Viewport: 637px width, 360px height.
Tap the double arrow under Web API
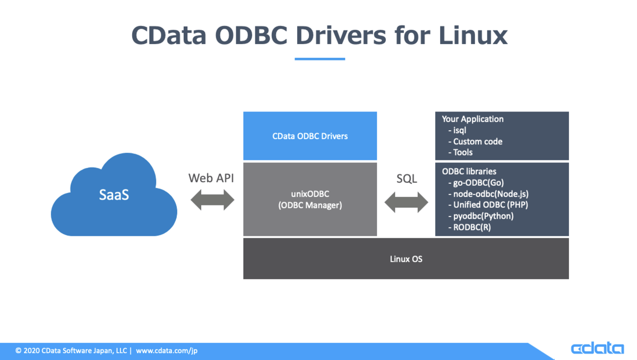(x=212, y=200)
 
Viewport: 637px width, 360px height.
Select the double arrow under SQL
(x=406, y=202)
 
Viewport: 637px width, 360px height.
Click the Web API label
(x=211, y=178)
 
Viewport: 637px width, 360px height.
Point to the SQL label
(x=407, y=178)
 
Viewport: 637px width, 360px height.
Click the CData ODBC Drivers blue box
(x=310, y=136)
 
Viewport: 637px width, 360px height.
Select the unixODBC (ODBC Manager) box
(x=310, y=200)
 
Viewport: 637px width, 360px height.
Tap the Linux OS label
(x=406, y=259)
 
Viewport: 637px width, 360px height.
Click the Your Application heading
(x=472, y=119)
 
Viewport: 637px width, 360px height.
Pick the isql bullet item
(x=459, y=130)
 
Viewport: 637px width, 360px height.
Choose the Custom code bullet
(x=477, y=141)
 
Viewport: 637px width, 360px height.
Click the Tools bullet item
(x=462, y=152)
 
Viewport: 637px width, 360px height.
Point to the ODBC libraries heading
(x=469, y=172)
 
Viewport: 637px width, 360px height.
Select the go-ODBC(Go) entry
(x=478, y=183)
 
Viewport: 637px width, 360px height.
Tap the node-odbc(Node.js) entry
(x=490, y=194)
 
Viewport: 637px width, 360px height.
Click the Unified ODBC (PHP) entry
(x=490, y=205)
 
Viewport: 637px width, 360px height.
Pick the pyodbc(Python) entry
(x=483, y=216)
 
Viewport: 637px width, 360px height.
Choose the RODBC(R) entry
(x=472, y=227)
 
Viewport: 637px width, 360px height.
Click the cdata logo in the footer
(x=597, y=348)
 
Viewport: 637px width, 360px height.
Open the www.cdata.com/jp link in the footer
(x=167, y=351)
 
